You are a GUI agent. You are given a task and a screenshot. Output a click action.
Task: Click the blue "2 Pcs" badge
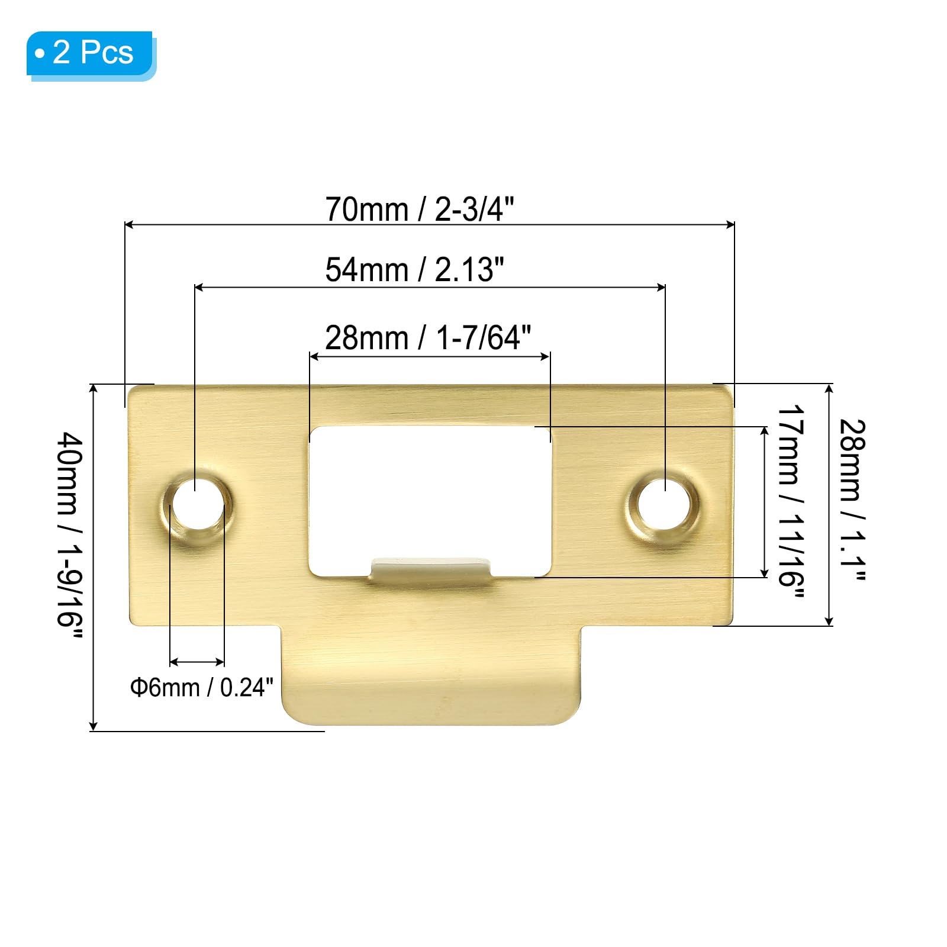91,54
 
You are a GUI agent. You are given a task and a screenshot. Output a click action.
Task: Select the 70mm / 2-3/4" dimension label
420,209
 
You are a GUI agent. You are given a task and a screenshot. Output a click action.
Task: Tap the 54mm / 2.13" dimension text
414,270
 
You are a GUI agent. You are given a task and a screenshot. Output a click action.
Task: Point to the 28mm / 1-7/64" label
428,338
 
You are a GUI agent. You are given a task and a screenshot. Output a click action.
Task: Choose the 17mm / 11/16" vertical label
790,502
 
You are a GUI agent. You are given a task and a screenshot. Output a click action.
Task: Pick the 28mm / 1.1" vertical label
853,500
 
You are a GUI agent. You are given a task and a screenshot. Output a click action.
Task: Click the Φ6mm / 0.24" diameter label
202,687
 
